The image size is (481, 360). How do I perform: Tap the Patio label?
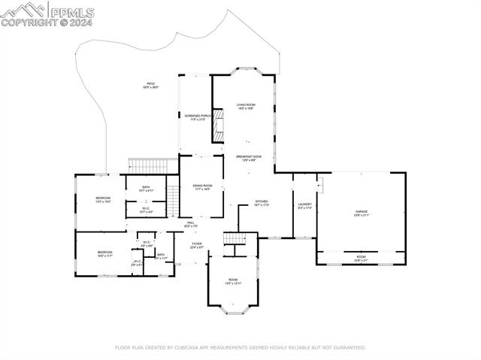pos(151,85)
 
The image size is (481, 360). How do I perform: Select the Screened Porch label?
pos(195,117)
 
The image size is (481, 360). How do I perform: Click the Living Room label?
pos(246,106)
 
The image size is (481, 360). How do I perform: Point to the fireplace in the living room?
pos(219,125)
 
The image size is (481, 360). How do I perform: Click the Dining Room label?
pos(201,187)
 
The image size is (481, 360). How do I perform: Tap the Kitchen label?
pos(261,204)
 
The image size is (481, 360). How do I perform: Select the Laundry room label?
pos(304,205)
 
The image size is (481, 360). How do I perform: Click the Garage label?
pos(362,213)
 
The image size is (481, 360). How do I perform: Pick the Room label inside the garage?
pos(361,257)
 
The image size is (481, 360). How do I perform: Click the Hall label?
pos(191,224)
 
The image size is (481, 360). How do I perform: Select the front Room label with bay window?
pos(233,281)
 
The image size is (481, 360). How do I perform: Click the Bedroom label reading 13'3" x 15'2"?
pos(103,199)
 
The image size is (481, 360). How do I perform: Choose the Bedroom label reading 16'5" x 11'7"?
pos(104,254)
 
